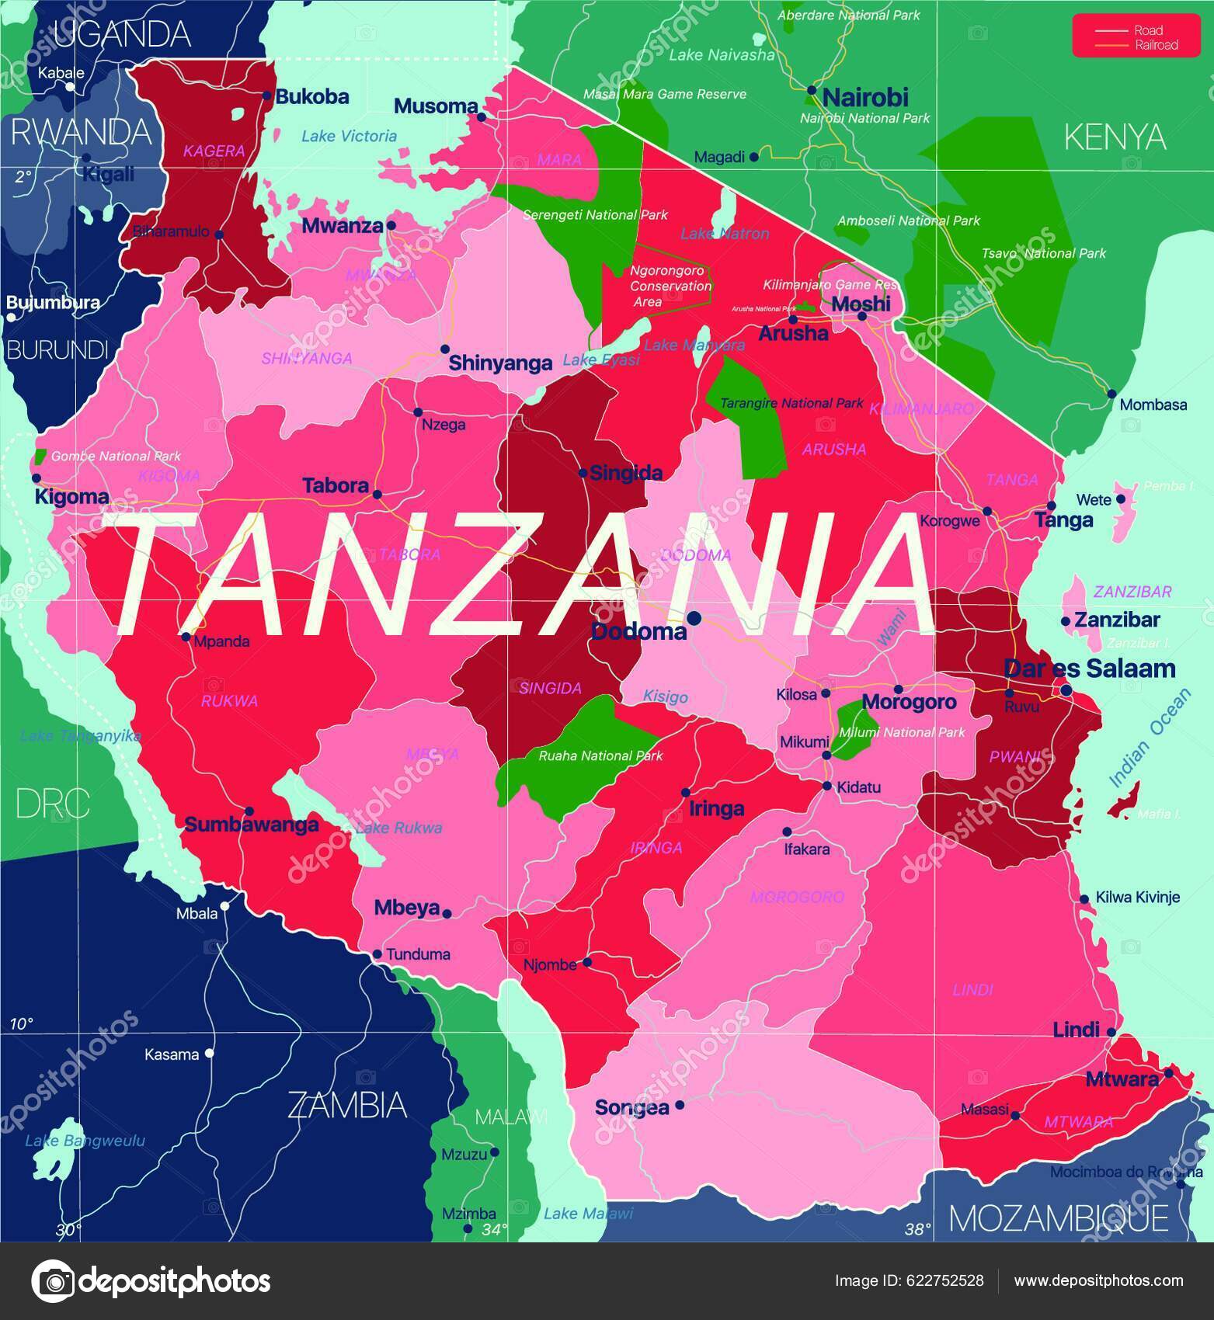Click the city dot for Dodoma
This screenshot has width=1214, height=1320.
coord(694,618)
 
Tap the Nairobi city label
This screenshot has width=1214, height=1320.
coord(864,98)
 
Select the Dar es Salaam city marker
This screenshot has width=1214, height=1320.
coord(1066,690)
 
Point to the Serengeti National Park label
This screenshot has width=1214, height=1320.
coord(595,215)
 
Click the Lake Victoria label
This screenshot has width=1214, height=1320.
coord(349,136)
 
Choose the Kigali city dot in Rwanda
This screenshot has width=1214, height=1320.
coord(86,158)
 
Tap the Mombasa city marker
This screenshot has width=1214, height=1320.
coord(1111,394)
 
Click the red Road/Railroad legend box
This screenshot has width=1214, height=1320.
coord(1136,37)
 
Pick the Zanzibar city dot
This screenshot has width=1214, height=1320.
coord(1066,621)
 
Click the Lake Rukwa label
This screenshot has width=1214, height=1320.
coord(398,828)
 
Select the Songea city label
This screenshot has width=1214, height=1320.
coord(631,1108)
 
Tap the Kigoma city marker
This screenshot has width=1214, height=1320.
coord(36,478)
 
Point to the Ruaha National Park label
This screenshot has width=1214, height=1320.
coord(600,756)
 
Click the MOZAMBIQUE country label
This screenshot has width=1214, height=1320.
coord(1059,1219)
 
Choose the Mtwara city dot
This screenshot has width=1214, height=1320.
coord(1168,1075)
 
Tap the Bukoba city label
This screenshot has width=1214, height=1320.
coord(312,97)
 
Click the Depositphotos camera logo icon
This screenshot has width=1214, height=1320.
coord(52,1280)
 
